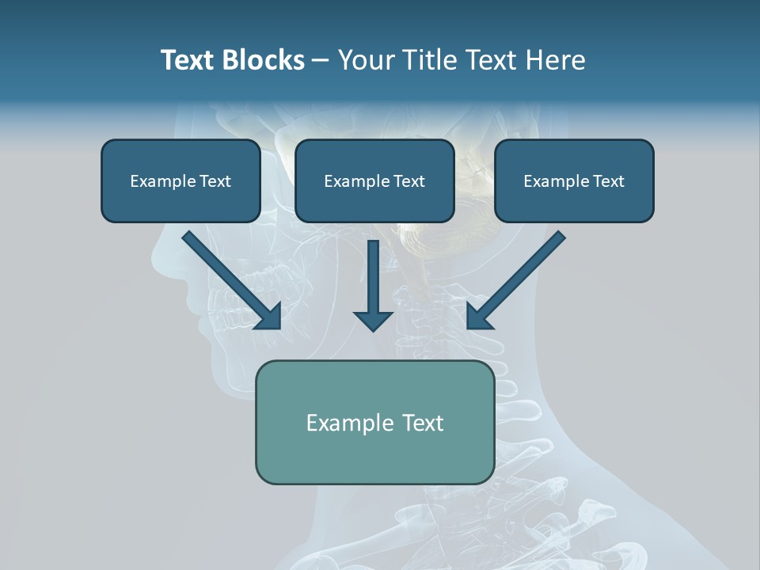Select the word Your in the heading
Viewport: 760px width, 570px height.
367,60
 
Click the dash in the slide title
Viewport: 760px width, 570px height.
321,61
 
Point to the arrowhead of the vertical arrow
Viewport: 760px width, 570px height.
373,321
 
